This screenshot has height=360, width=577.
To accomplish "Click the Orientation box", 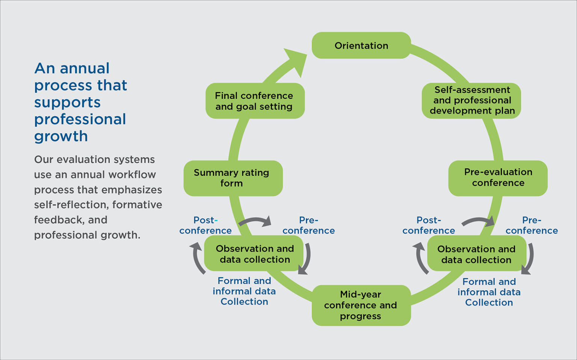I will tap(361, 45).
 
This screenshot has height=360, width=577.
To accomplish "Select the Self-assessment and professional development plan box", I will tap(471, 100).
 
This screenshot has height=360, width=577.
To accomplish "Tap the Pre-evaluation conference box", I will tap(498, 178).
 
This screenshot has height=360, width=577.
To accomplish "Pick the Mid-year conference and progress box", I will tap(361, 305).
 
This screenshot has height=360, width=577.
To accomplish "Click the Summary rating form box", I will tap(233, 178).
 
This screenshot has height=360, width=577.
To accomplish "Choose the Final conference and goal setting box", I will tap(254, 101).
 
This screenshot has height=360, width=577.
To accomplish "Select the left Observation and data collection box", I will tap(254, 254).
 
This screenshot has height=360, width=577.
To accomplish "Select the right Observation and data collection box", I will tap(476, 254).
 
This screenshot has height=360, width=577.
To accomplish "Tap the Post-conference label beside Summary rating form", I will tap(205, 225).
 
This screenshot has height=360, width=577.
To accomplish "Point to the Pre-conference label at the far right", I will tap(532, 225).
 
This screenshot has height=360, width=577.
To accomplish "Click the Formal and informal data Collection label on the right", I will tap(489, 292).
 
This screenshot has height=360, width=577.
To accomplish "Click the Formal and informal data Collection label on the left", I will tap(244, 291).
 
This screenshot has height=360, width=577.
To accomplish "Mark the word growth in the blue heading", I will tap(61, 136).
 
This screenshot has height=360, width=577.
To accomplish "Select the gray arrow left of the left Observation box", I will tap(198, 258).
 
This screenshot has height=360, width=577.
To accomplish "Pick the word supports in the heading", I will tap(67, 102).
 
